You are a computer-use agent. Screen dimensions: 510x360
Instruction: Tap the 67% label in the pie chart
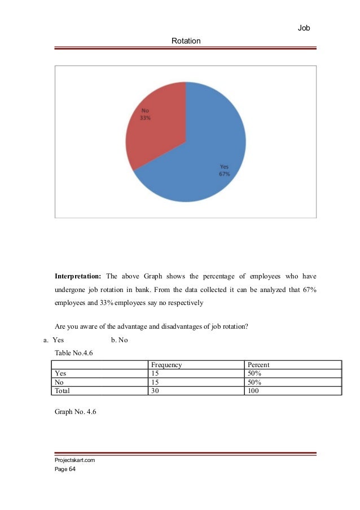coord(224,174)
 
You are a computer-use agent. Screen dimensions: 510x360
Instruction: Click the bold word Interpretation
coord(78,277)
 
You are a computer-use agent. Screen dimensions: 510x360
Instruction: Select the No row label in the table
coord(58,382)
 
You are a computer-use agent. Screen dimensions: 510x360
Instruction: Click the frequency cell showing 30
coord(156,390)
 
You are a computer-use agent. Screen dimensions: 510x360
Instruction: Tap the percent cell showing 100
coord(253,390)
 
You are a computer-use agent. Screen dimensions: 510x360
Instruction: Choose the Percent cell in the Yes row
coord(254,373)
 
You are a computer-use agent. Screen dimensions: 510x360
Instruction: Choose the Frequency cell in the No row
coord(156,382)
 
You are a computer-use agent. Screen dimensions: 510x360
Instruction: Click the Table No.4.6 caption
coord(75,353)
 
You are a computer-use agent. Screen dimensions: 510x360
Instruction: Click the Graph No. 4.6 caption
coord(76,412)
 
